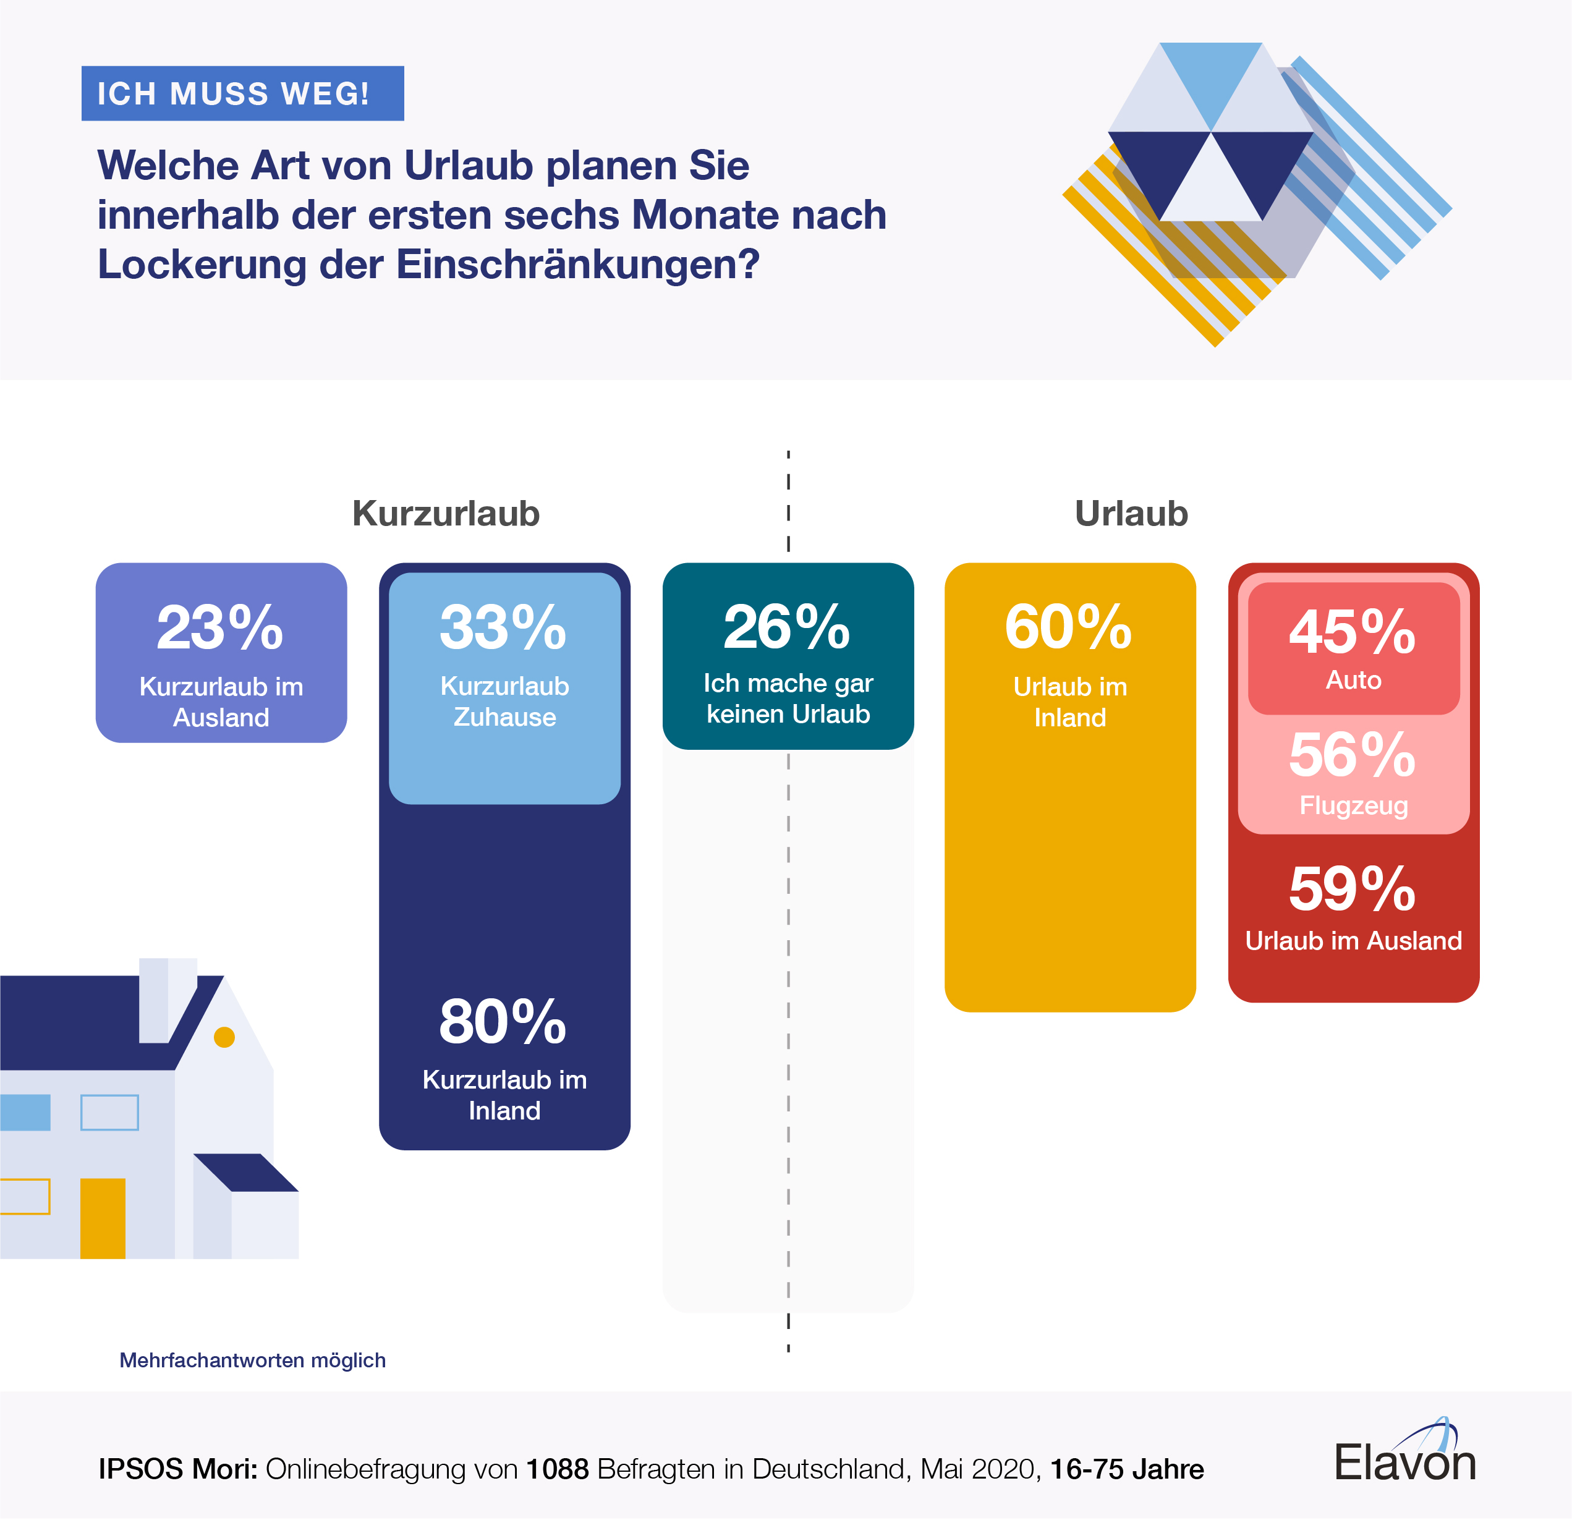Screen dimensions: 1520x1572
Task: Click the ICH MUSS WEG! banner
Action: (242, 94)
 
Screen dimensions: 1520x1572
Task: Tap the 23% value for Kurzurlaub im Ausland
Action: (220, 628)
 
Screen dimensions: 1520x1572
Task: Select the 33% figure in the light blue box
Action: (503, 628)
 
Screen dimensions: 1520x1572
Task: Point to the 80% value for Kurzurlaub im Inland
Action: (503, 1022)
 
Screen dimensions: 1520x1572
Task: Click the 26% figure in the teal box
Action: (787, 628)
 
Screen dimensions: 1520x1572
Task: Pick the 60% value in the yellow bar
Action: (1068, 628)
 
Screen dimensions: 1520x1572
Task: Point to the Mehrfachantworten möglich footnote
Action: (253, 1361)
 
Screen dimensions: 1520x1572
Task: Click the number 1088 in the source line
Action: (558, 1469)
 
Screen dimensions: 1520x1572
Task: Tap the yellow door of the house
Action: (103, 1218)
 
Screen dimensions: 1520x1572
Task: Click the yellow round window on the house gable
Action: (224, 1038)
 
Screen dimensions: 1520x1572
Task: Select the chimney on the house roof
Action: (167, 1000)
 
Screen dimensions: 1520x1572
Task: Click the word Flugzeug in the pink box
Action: (1353, 805)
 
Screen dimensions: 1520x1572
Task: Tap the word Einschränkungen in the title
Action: (577, 265)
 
